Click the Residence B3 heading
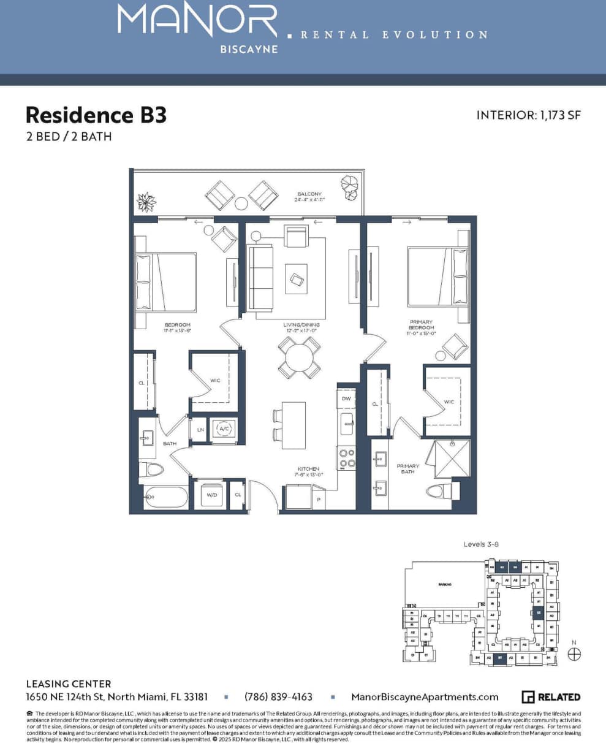coord(96,115)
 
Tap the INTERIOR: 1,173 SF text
coord(528,115)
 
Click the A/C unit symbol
coord(224,429)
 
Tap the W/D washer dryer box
coord(211,495)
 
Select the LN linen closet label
coord(200,430)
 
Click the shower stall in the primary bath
coord(452,459)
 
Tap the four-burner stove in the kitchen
coord(346,458)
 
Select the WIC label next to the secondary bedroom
coord(215,380)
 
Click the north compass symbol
coord(574,654)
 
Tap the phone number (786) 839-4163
coord(278,697)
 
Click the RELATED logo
coord(551,697)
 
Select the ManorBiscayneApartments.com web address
coord(425,697)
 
